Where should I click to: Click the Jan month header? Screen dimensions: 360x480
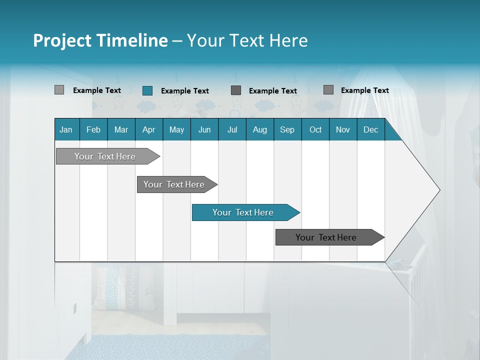(66, 129)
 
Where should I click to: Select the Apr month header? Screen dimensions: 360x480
(148, 129)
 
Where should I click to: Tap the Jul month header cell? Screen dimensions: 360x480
(232, 129)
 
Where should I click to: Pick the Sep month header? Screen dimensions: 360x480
(287, 129)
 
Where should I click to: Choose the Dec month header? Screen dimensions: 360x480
(370, 129)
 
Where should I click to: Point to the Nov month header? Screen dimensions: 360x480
(342, 129)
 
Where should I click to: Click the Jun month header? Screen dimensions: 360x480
(204, 129)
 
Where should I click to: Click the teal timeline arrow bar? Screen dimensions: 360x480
(243, 212)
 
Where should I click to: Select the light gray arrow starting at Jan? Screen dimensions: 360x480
(105, 156)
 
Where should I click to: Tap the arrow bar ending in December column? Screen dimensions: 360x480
(326, 237)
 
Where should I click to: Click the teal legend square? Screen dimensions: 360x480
(147, 90)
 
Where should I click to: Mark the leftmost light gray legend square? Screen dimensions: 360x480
(59, 90)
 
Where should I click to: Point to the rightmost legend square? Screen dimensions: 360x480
(328, 90)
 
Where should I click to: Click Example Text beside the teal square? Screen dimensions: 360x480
(184, 91)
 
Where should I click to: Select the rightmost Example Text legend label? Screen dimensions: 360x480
(364, 90)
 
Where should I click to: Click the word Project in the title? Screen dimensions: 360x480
(61, 40)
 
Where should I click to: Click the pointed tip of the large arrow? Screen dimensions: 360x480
(438, 190)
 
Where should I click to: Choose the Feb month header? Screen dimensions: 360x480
(93, 129)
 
